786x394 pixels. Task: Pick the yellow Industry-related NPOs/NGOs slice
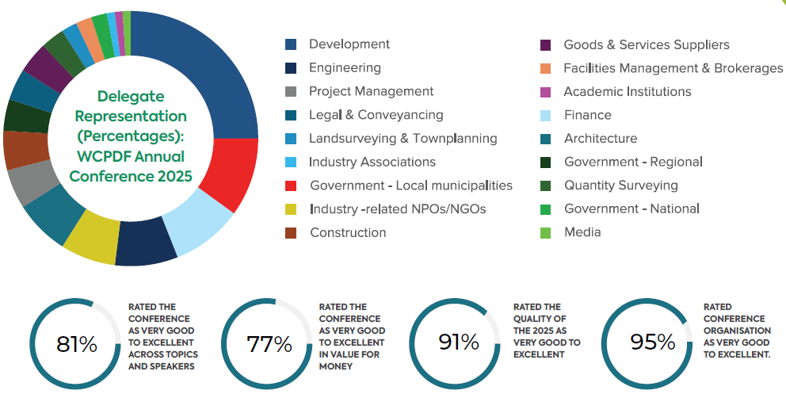pos(89,238)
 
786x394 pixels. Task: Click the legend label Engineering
pos(345,68)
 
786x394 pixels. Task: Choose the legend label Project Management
pos(371,92)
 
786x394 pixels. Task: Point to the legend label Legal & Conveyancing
pos(376,115)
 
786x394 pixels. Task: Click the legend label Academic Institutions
pos(627,92)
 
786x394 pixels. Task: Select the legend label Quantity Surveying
pos(620,186)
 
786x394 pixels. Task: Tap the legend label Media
pos(582,232)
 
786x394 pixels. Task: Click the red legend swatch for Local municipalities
pos(291,186)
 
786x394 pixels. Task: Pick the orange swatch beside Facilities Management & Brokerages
pos(546,68)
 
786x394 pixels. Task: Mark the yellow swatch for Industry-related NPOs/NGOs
pos(291,209)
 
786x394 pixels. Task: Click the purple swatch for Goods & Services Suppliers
pos(546,45)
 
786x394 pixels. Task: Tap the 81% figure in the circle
pos(77,344)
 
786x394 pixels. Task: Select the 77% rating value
pos(269,344)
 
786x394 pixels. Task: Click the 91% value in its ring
pos(459,342)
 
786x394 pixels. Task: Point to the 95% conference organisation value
pos(653,342)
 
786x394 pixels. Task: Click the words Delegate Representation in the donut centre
pos(131,106)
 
